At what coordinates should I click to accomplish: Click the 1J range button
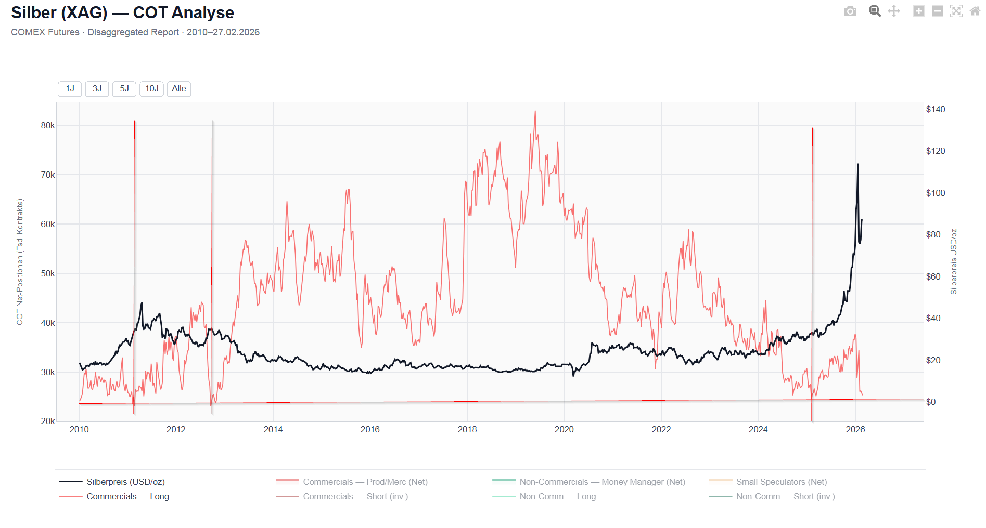70,89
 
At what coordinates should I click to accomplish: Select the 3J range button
97,89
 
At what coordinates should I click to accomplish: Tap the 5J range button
124,89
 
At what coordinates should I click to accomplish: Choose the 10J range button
151,89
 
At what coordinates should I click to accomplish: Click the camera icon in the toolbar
850,11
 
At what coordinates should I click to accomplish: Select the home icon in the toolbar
975,11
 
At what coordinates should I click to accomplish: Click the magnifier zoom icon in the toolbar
875,11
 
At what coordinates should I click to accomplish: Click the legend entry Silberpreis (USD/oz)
125,482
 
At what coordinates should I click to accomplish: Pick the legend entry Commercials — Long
127,496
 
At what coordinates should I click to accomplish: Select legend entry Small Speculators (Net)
781,482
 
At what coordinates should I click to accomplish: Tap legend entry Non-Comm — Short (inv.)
785,496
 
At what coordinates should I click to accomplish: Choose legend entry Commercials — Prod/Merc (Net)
365,482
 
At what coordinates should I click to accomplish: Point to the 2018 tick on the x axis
467,429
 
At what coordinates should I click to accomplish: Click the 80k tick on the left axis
48,125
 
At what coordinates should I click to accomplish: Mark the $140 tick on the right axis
936,109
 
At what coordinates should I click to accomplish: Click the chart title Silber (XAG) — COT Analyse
123,12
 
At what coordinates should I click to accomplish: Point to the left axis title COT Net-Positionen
20,262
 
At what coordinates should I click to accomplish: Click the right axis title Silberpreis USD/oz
954,262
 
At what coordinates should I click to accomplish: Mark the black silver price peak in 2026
858,164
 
